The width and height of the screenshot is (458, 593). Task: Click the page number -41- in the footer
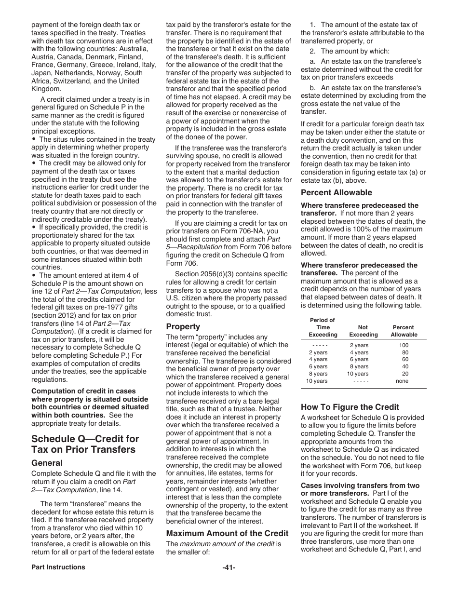coord(229,567)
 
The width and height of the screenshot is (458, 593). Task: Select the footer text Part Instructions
coord(58,567)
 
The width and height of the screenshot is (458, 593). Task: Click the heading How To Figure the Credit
coord(350,407)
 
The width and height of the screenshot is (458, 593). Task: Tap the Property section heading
coord(183,326)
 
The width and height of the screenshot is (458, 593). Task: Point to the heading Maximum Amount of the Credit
coord(227,533)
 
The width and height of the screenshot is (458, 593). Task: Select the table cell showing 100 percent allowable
coord(404,345)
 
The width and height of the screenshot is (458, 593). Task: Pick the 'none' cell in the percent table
coord(402,381)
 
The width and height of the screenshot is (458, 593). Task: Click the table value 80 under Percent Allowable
coord(404,352)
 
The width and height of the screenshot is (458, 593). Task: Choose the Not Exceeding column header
coord(363,331)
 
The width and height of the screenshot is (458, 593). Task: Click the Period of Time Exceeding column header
coord(323,327)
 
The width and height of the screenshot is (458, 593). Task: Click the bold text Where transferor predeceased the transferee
coord(359,269)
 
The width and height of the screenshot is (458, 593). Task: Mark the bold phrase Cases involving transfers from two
coord(360,485)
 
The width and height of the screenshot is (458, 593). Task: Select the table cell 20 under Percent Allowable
coord(404,374)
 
